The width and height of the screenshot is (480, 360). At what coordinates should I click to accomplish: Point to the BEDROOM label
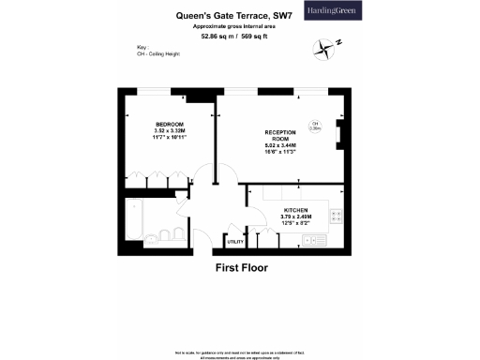[169, 125]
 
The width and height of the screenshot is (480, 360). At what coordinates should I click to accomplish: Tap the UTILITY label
[235, 243]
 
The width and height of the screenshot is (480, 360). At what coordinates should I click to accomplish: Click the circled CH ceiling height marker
[315, 126]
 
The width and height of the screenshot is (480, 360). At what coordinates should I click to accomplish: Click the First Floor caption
[242, 267]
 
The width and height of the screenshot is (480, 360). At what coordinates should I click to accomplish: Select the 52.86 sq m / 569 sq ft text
[227, 38]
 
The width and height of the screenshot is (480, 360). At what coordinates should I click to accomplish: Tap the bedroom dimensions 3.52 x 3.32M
[170, 131]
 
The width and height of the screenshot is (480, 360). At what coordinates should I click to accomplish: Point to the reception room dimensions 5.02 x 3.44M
[280, 146]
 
